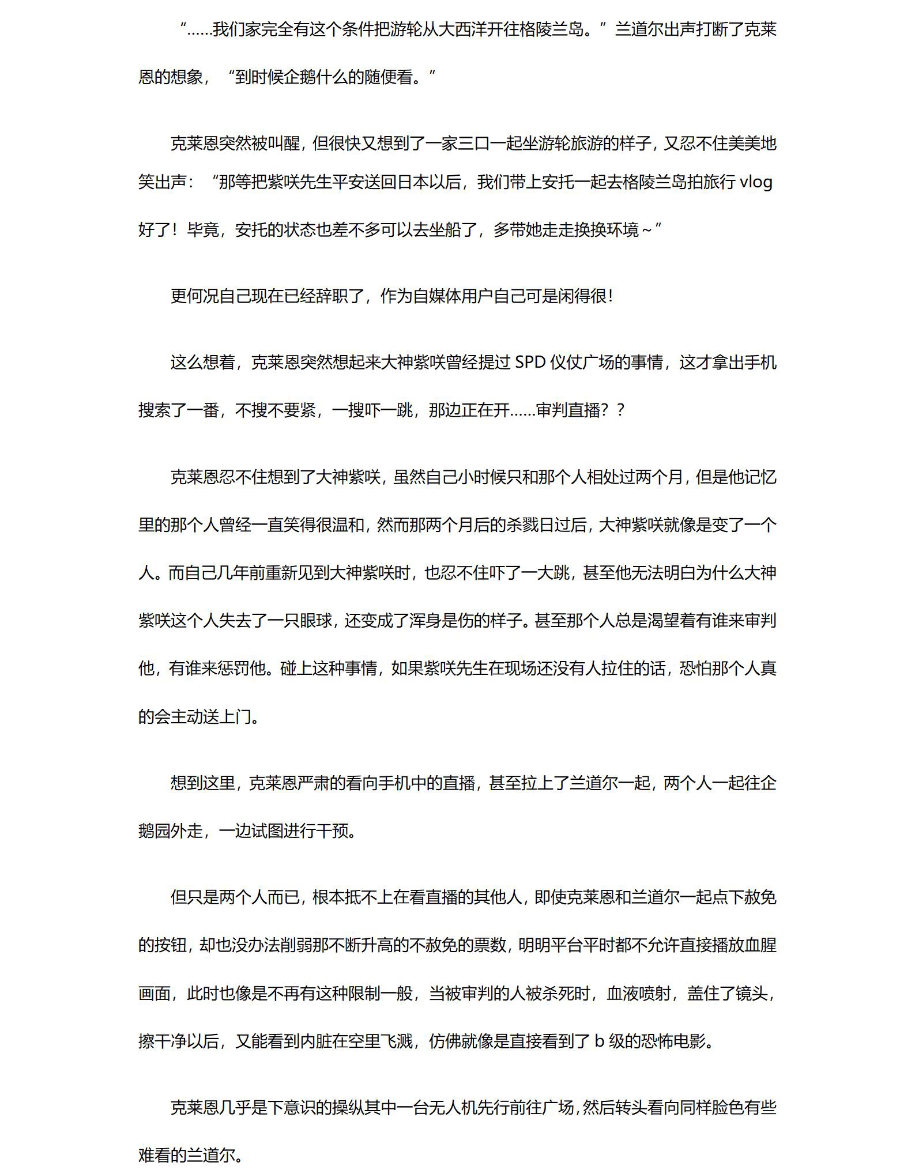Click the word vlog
(755, 182)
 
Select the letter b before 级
(599, 1041)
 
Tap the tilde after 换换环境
(647, 230)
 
